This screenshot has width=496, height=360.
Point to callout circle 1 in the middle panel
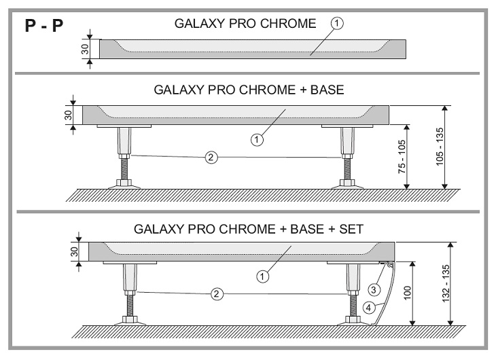(257, 140)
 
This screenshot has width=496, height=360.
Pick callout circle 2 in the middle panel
(211, 158)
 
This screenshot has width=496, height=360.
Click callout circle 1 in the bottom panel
(262, 276)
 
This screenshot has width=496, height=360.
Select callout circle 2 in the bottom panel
(216, 294)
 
